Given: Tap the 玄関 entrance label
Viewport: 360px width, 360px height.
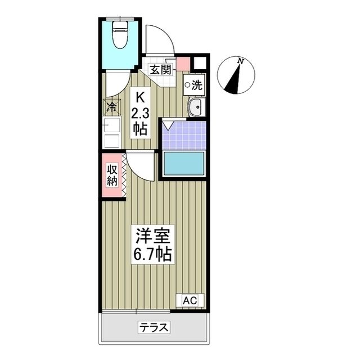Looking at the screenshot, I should coord(160,70).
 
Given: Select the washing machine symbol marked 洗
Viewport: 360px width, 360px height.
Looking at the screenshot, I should coord(194,85).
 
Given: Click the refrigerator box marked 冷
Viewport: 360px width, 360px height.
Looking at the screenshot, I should coord(111,106).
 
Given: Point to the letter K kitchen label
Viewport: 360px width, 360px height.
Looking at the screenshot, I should coord(139,97).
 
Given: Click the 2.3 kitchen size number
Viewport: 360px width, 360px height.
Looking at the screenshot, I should coord(139,113).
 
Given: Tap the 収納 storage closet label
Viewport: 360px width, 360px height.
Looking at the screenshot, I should coord(112,174).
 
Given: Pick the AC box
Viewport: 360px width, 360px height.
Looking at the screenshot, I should coord(190,300).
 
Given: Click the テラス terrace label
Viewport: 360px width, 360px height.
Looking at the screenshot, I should coord(154,327).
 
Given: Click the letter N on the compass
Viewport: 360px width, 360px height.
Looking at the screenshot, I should coord(240,61).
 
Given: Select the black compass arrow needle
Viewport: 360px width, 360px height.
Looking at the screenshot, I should coord(235,77).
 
